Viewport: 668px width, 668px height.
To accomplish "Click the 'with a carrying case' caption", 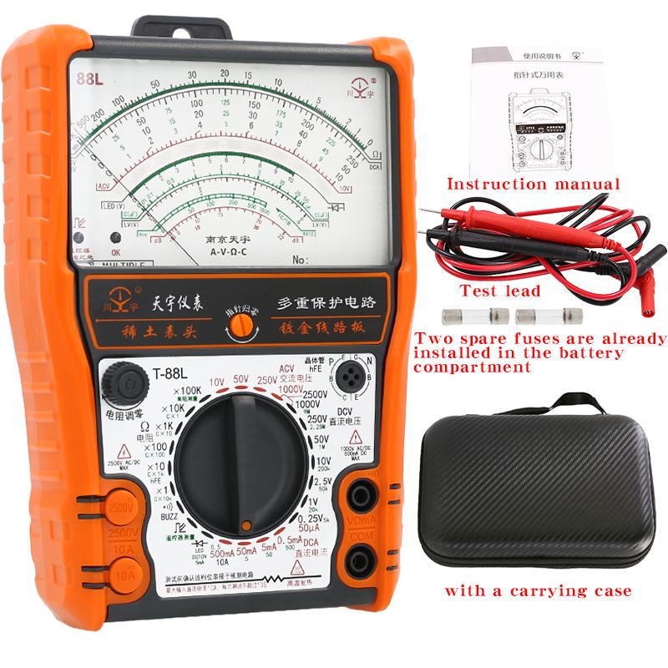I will (x=537, y=591).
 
